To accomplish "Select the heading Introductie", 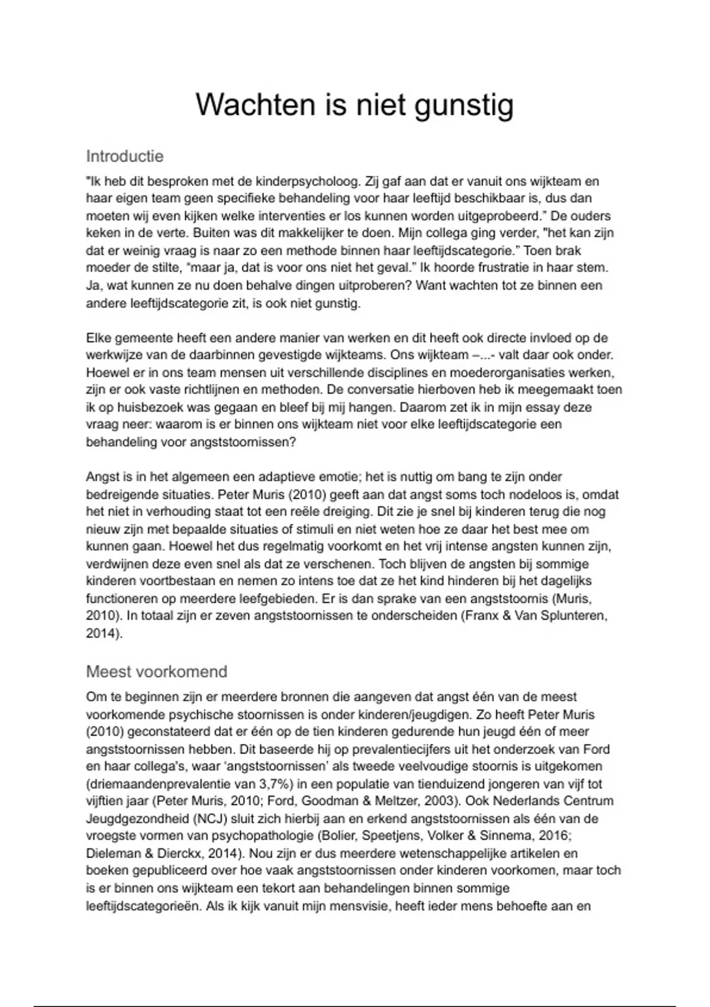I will click(x=125, y=156).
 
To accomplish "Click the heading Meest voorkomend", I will click(x=157, y=672).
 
